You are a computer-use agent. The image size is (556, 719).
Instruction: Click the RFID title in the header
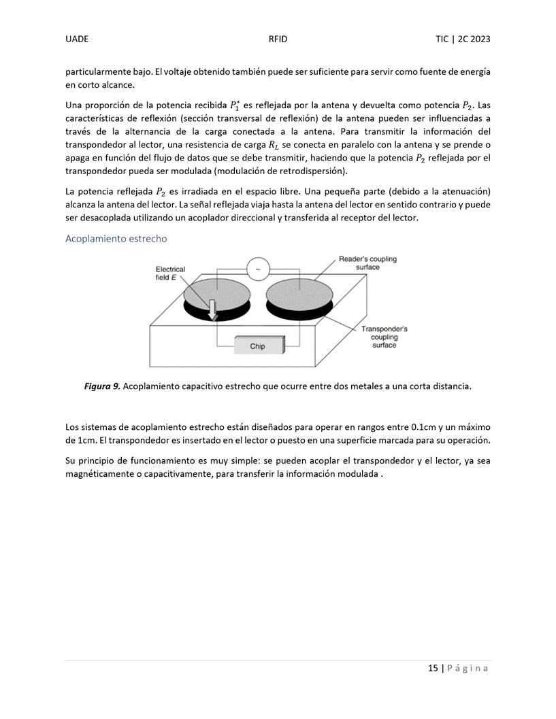[278, 39]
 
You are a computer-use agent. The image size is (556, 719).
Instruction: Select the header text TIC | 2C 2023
[463, 39]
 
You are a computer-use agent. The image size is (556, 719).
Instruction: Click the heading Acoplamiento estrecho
[116, 239]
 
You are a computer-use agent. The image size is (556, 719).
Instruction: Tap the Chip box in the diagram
[257, 346]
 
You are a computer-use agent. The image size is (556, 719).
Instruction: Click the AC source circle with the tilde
[257, 269]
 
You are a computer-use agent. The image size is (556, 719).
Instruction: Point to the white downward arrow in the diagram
[213, 309]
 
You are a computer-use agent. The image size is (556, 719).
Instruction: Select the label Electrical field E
[170, 273]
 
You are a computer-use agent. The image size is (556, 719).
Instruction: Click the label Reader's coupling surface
[367, 263]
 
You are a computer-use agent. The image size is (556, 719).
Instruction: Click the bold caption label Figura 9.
[102, 386]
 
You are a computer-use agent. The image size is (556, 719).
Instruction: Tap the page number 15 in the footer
[433, 668]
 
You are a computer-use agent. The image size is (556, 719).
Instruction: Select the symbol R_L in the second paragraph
[273, 145]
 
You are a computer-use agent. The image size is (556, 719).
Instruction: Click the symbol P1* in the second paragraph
[233, 105]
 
